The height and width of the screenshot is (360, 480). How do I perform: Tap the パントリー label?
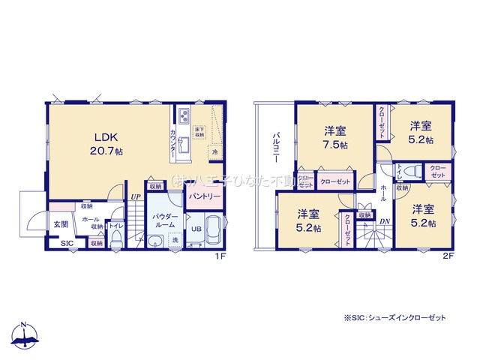(204, 196)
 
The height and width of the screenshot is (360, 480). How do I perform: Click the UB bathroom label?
(193, 229)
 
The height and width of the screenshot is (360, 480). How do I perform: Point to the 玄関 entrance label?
(61, 223)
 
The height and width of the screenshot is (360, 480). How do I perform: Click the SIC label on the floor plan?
(66, 243)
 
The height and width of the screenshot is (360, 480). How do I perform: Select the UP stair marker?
(136, 197)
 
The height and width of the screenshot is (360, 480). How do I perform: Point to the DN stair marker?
(384, 221)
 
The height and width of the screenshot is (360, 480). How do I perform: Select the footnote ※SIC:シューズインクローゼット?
(394, 318)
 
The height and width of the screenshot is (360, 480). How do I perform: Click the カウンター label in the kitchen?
(175, 139)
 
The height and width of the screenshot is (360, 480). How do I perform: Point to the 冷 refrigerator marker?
(215, 152)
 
